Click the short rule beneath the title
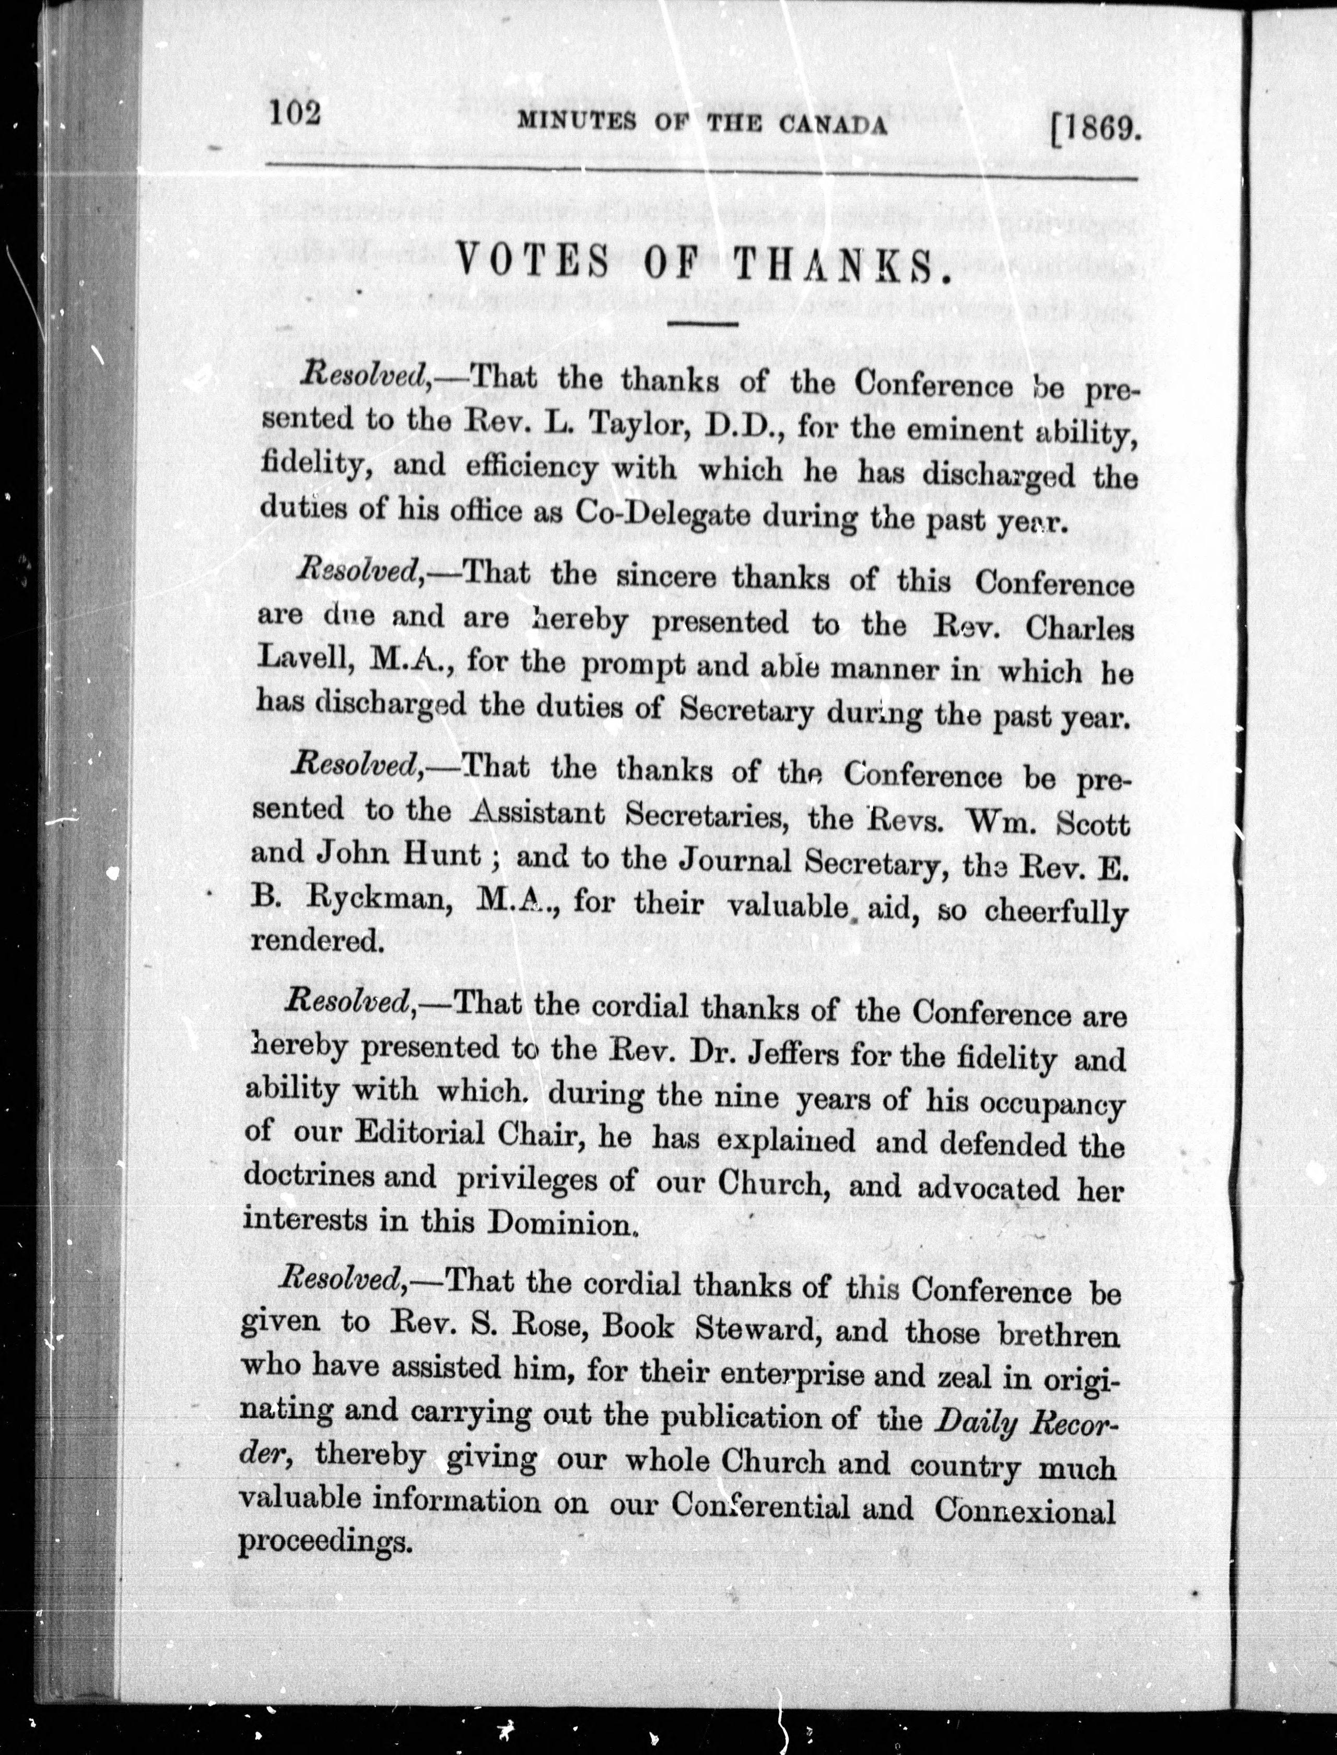click(703, 324)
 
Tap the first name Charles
click(1079, 629)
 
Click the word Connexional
click(1025, 1509)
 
